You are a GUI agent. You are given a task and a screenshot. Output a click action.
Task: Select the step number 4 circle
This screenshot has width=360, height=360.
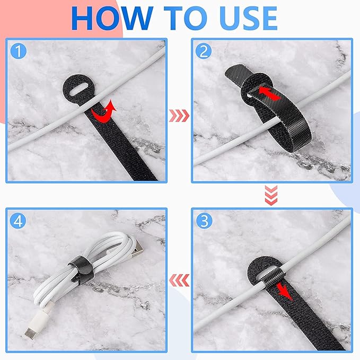(x=18, y=220)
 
